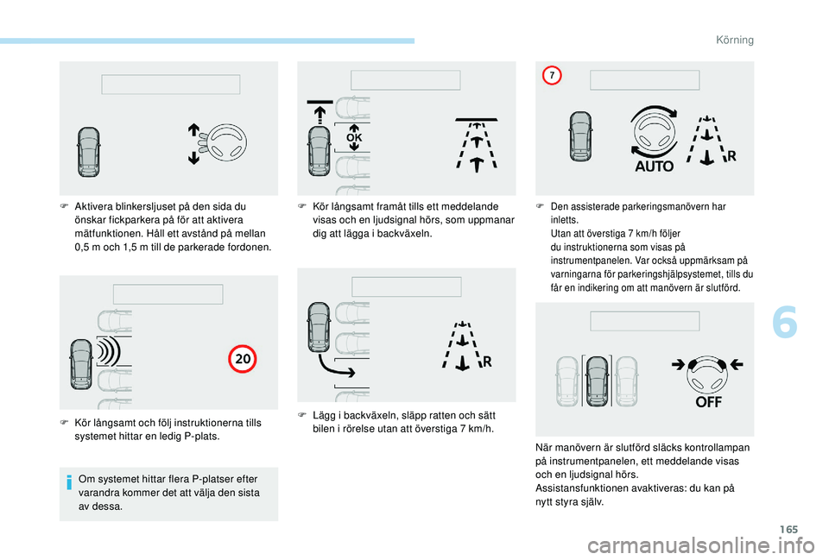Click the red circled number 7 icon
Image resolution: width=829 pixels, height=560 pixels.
pos(552,76)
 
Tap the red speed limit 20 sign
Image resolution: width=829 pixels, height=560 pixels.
pos(243,359)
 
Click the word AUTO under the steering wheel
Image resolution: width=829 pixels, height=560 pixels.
pos(654,167)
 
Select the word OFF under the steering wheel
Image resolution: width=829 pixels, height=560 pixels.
pos(708,402)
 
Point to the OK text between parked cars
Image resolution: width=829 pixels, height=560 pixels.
pos(354,138)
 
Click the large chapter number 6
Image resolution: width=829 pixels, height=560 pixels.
pos(785,323)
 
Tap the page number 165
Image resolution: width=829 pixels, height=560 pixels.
pos(788,529)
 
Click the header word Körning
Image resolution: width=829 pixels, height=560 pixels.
pos(735,41)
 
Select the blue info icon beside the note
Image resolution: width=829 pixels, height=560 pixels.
pos(69,482)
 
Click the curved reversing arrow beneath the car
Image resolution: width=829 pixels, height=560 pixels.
pos(336,367)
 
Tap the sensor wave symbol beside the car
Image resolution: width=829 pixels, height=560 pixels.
pos(109,352)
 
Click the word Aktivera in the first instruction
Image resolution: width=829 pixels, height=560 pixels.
pos(93,206)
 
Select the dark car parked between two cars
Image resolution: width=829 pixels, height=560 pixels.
pos(598,381)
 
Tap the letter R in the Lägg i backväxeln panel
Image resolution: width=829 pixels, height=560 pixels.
pos(487,362)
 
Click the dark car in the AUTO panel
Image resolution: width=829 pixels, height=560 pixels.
pos(580,136)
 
